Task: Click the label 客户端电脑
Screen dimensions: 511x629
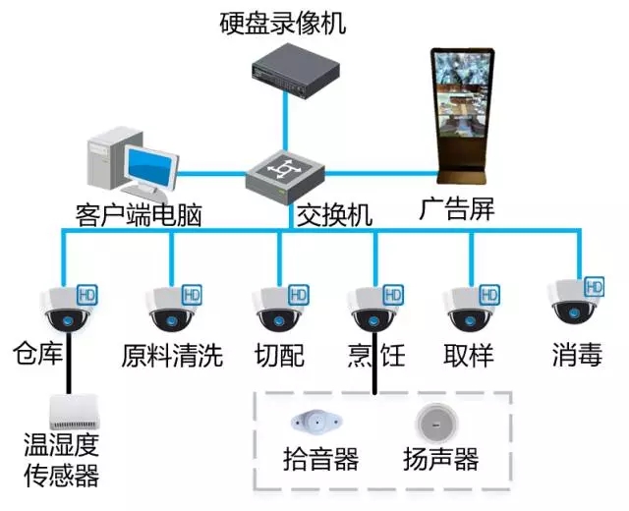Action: [x=138, y=214]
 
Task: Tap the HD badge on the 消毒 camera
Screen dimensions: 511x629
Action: [x=594, y=286]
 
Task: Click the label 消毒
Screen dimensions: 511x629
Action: [x=577, y=354]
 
